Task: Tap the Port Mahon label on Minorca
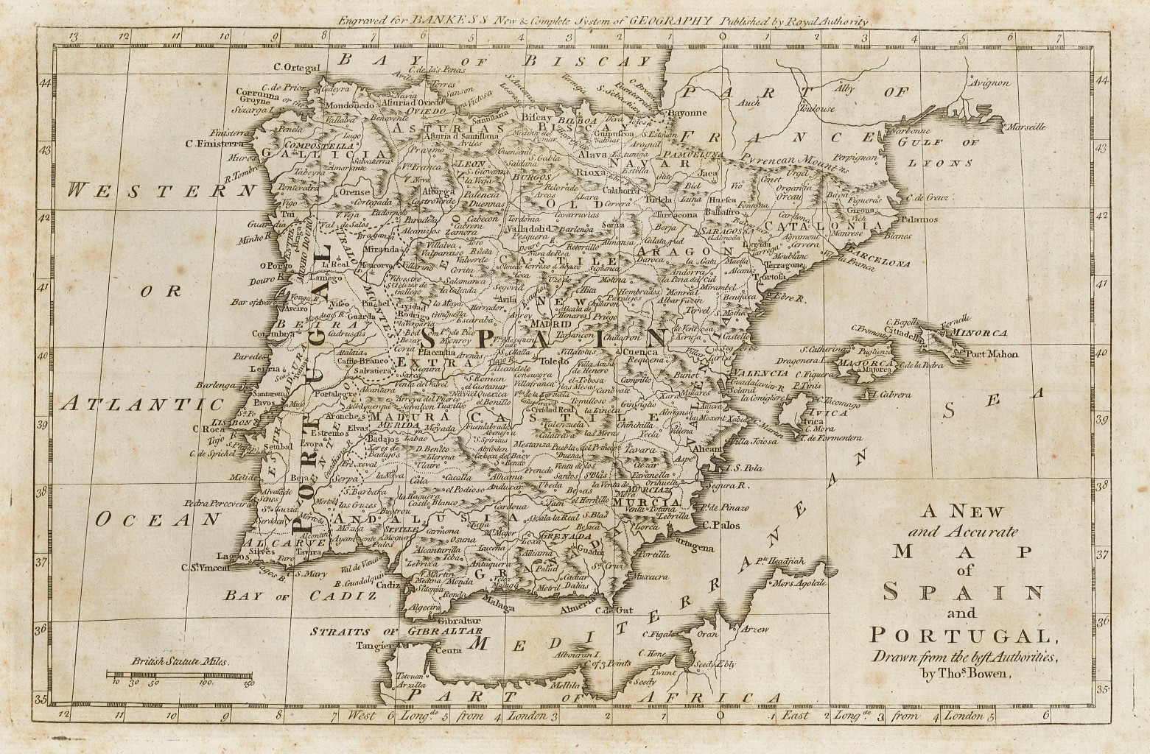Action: (992, 354)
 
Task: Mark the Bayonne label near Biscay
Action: (685, 113)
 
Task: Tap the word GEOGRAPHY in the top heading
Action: (670, 21)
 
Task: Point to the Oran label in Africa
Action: (707, 634)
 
